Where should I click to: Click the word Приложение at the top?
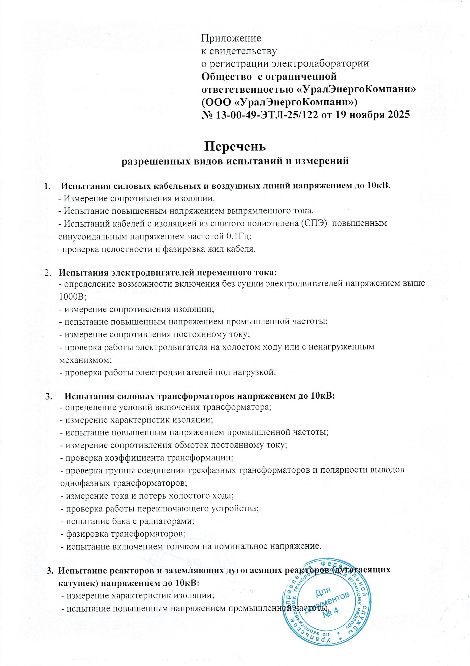coord(231,38)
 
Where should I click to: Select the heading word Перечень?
coord(235,147)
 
